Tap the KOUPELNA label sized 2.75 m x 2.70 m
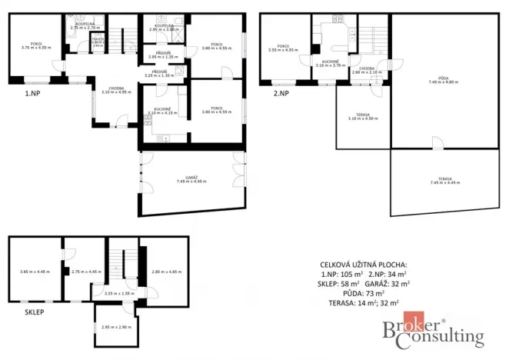79,25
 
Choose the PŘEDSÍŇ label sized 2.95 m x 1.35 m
162,55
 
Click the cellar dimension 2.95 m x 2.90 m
115,328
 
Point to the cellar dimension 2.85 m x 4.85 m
167,271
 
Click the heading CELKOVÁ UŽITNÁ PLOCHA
364,264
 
